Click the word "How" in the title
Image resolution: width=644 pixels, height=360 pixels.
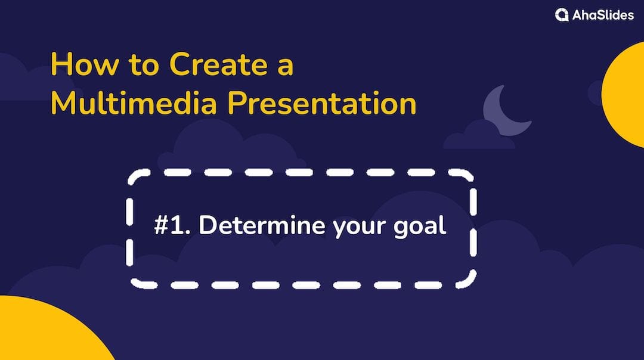click(85, 64)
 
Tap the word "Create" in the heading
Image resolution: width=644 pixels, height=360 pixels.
click(218, 64)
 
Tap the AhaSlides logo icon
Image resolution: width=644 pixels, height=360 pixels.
click(562, 15)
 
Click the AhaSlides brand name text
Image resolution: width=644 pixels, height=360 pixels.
click(603, 15)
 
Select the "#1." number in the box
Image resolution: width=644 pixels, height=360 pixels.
click(172, 225)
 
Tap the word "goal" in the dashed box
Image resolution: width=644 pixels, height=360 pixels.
click(420, 226)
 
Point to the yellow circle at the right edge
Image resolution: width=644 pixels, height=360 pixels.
click(624, 94)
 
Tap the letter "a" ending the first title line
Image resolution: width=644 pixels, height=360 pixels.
click(286, 67)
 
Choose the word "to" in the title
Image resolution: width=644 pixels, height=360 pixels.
click(144, 66)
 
